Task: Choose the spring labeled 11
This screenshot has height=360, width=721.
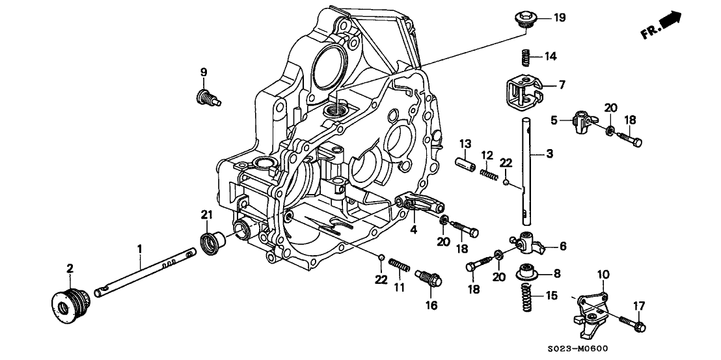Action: click(400, 267)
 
